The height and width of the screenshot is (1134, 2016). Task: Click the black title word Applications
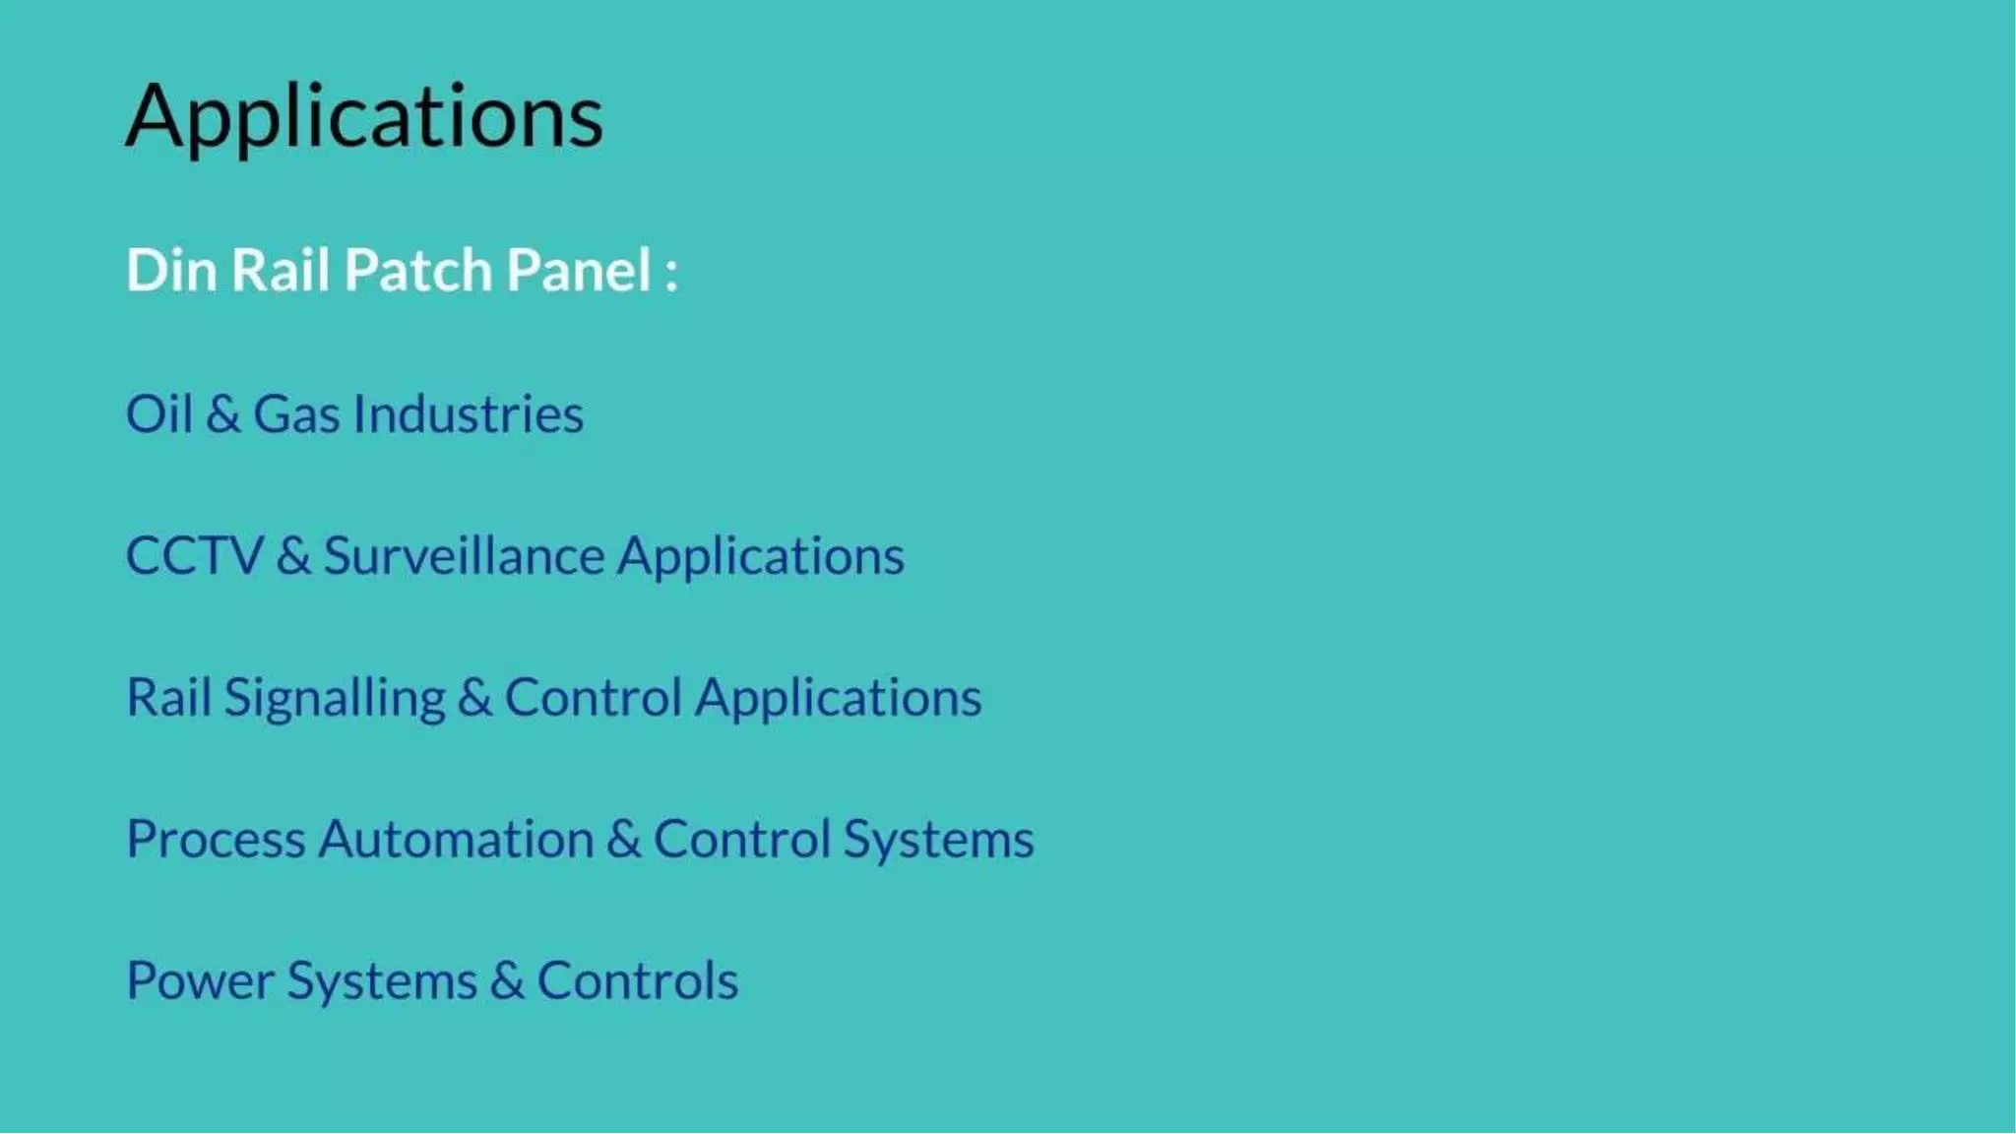(364, 118)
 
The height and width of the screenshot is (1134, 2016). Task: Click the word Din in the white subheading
(170, 270)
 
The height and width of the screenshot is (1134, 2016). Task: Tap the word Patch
(417, 270)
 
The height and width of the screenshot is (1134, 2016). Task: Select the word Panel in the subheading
(579, 270)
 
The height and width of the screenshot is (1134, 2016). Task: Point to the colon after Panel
(671, 274)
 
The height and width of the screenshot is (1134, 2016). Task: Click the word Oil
(158, 413)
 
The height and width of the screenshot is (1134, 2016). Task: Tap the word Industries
(469, 413)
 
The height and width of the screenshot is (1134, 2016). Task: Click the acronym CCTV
(195, 556)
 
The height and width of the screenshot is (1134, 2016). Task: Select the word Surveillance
(464, 556)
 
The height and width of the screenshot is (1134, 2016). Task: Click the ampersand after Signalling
(474, 698)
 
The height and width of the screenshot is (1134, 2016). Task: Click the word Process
(216, 840)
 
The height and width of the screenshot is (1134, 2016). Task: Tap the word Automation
(456, 840)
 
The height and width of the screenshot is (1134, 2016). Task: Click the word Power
(200, 981)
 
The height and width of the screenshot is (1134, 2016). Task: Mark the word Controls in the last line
(637, 981)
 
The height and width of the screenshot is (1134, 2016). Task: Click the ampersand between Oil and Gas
(223, 414)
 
